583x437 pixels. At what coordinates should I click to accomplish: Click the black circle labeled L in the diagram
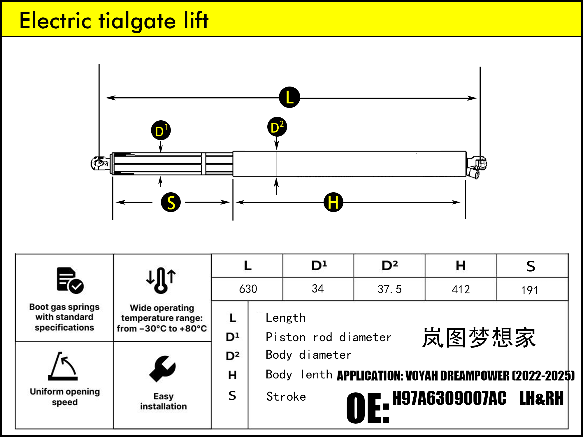click(x=289, y=97)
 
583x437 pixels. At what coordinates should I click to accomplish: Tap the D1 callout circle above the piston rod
click(x=161, y=131)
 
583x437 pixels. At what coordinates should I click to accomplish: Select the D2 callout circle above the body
click(x=277, y=127)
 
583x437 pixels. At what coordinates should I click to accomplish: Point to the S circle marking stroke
click(x=171, y=202)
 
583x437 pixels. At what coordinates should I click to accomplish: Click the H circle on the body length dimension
click(x=333, y=202)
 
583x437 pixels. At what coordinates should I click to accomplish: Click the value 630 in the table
click(x=248, y=289)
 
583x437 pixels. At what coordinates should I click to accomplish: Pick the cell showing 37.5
click(x=389, y=289)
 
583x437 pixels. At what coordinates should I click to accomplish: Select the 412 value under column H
click(x=461, y=290)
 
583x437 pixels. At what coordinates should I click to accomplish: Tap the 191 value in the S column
click(x=529, y=290)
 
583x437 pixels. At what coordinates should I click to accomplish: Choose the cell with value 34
click(x=317, y=289)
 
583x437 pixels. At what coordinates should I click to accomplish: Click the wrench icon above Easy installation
click(x=163, y=369)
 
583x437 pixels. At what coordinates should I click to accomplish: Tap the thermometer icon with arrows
click(x=161, y=280)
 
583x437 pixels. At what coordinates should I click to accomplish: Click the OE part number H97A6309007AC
click(x=449, y=398)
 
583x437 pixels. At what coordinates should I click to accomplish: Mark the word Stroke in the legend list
click(x=286, y=397)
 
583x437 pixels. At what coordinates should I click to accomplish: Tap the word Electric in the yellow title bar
click(x=55, y=21)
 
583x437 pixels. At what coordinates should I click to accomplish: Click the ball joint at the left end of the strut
click(x=99, y=163)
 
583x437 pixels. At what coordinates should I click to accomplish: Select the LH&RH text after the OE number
click(x=541, y=398)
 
